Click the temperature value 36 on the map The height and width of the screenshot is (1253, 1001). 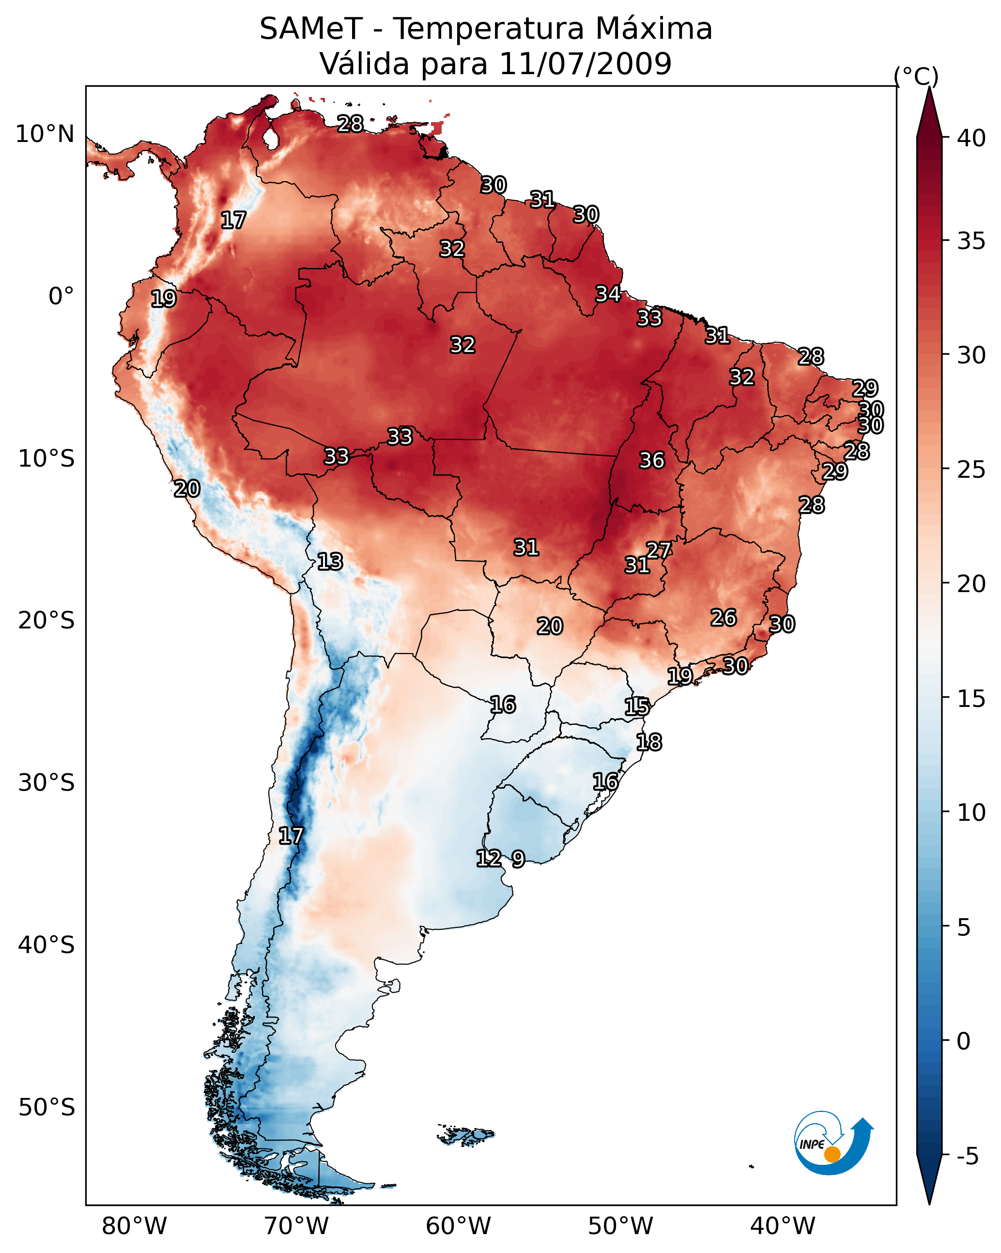(x=651, y=460)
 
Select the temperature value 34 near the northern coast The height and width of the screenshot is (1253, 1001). (x=608, y=294)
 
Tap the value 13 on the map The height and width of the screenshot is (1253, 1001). (x=330, y=562)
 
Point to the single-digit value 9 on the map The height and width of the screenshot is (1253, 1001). (x=518, y=859)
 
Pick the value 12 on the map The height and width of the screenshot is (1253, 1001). (x=489, y=858)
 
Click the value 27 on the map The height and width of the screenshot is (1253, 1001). (x=659, y=550)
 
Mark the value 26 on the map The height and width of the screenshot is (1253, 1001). (x=724, y=618)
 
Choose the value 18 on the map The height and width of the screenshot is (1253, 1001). (x=648, y=742)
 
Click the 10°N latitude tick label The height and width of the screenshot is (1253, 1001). (x=45, y=134)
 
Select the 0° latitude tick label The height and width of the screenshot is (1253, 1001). (x=61, y=297)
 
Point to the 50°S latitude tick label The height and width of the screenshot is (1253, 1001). (x=46, y=1108)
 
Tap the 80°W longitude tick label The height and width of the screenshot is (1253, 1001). (x=134, y=1226)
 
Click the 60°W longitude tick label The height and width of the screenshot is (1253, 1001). (x=459, y=1226)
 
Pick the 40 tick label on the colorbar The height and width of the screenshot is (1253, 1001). (x=971, y=138)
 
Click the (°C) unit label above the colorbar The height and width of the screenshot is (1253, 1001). (x=916, y=76)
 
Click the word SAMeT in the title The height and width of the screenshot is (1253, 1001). (x=311, y=29)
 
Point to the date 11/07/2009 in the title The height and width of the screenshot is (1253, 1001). (x=585, y=64)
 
